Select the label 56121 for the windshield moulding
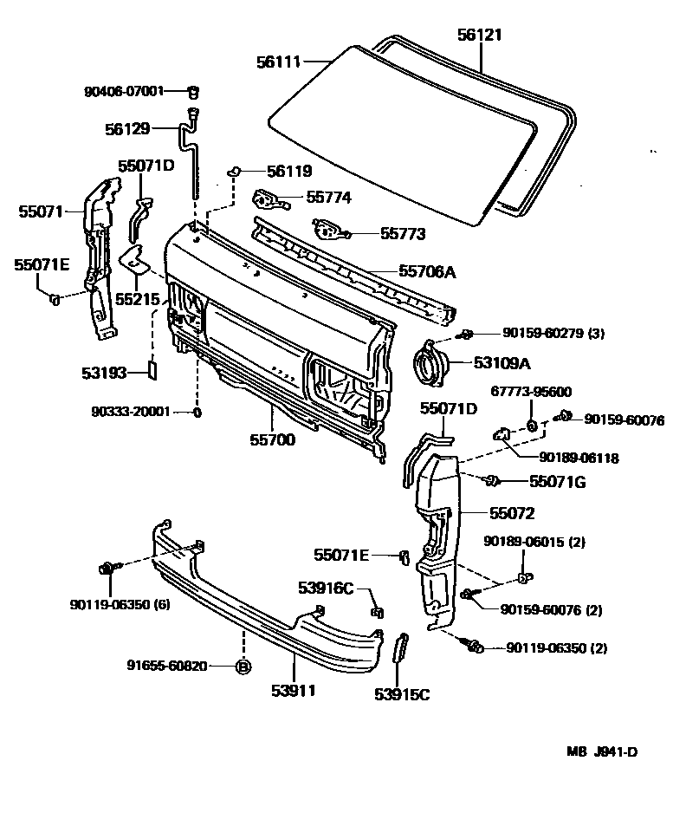click(x=479, y=35)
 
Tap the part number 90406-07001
click(x=124, y=90)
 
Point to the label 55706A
click(x=427, y=272)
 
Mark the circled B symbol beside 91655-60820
click(x=243, y=667)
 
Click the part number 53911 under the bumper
click(x=292, y=691)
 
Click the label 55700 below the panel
click(x=273, y=439)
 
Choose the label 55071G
click(x=558, y=481)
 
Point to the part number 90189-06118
click(x=579, y=457)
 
